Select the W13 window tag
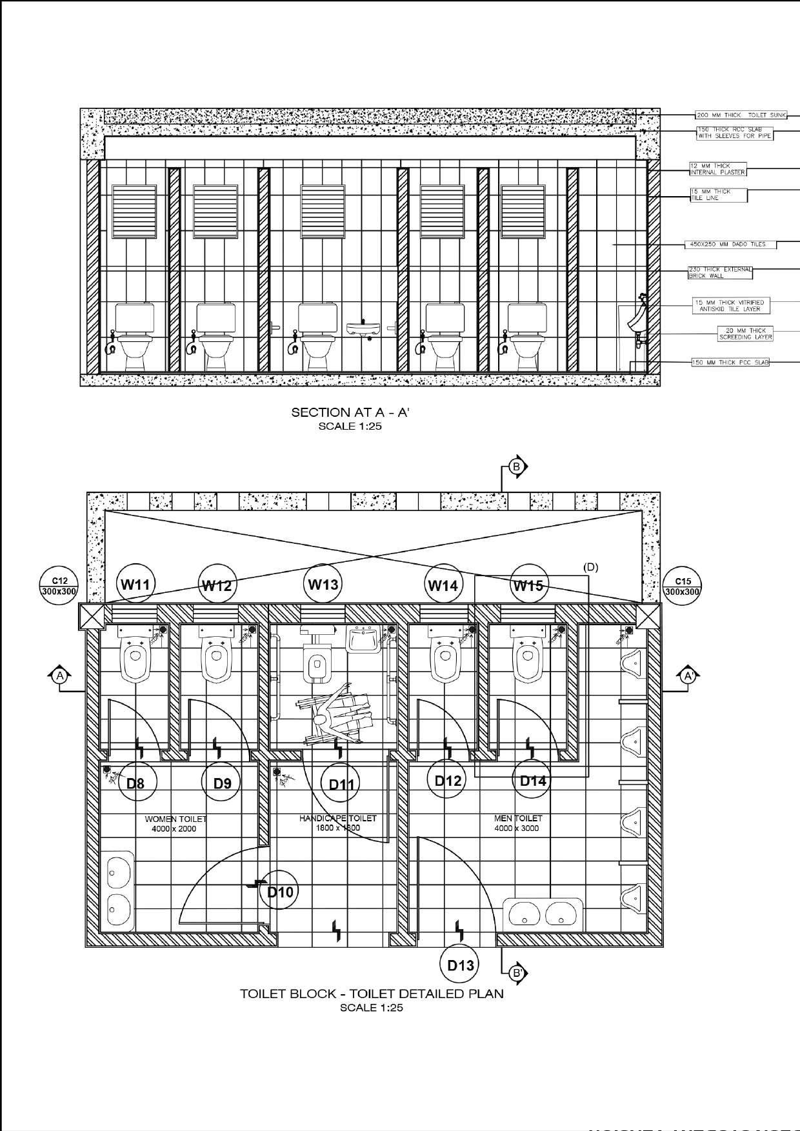click(x=323, y=585)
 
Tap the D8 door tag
click(x=135, y=783)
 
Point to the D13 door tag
click(x=461, y=965)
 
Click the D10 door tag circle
click(x=280, y=892)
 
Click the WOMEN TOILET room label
click(x=175, y=823)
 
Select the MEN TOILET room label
click(x=517, y=823)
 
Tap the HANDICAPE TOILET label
click(x=337, y=823)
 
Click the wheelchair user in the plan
click(x=335, y=719)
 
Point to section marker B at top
click(x=517, y=466)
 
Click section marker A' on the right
click(x=688, y=676)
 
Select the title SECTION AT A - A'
click(x=351, y=412)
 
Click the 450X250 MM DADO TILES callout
click(x=730, y=245)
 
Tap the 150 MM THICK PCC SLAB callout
click(x=730, y=363)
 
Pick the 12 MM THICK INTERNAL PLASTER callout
click(x=717, y=169)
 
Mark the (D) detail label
click(x=590, y=567)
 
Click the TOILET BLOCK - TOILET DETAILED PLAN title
click(x=372, y=994)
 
